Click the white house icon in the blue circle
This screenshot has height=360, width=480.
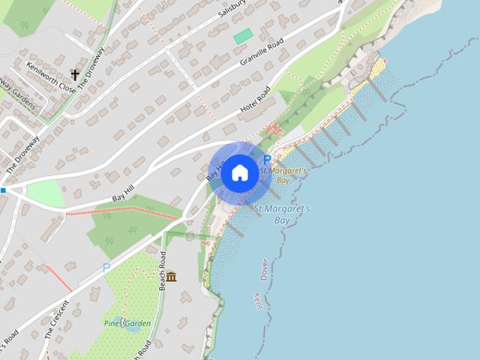[x=239, y=173]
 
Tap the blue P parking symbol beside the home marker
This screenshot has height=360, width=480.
[x=267, y=160]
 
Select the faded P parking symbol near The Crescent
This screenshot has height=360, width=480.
[x=106, y=267]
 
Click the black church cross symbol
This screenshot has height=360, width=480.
[x=75, y=74]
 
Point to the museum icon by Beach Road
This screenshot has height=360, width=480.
[x=172, y=277]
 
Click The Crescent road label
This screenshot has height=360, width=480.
[x=57, y=319]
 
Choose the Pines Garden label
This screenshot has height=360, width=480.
[x=127, y=324]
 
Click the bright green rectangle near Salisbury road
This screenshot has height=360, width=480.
[x=243, y=35]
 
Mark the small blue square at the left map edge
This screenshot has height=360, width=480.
[x=3, y=190]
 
